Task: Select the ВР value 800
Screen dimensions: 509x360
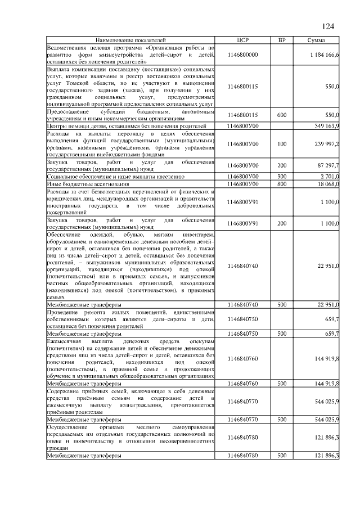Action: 282,184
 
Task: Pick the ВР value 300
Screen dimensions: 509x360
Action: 282,177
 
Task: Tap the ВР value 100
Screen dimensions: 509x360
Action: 282,144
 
